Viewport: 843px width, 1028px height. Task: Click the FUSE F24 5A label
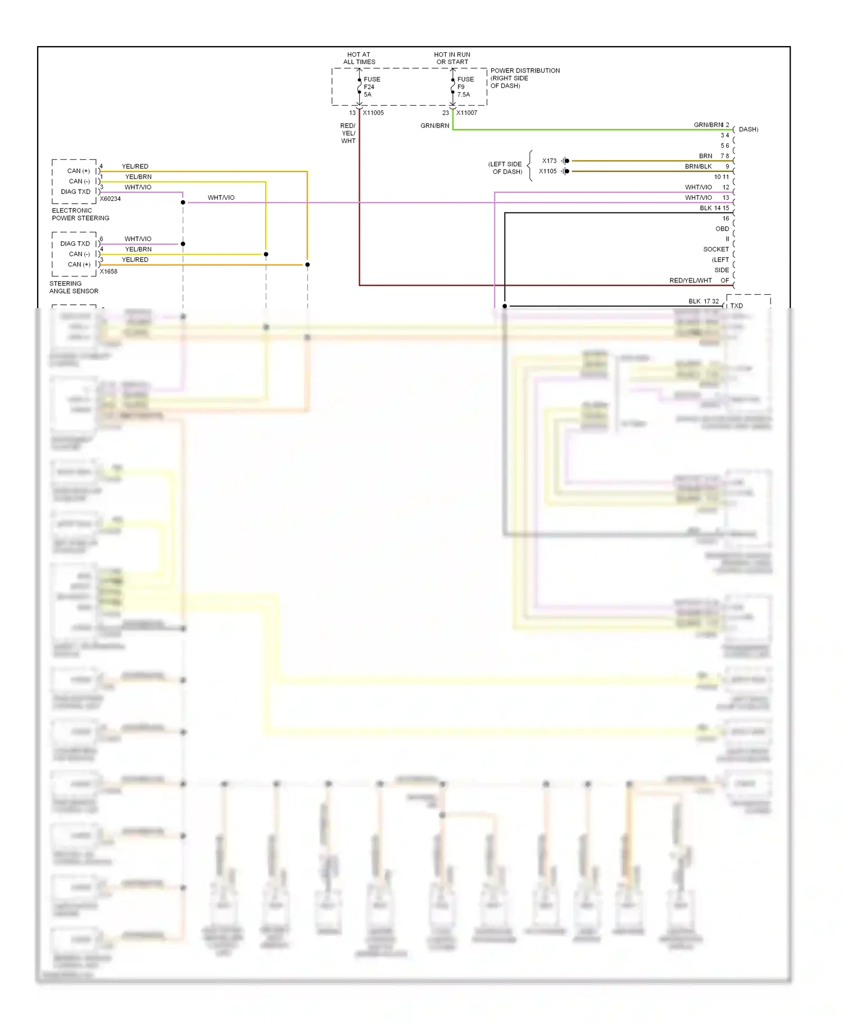click(x=371, y=87)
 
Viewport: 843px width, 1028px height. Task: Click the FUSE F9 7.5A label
click(x=465, y=87)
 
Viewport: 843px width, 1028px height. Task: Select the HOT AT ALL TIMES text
click(x=359, y=58)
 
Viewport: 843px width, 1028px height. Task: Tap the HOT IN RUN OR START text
click(x=452, y=58)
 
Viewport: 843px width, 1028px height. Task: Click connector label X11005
click(x=373, y=113)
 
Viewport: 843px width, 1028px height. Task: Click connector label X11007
click(x=466, y=113)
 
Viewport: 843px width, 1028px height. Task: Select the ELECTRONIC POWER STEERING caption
click(x=80, y=214)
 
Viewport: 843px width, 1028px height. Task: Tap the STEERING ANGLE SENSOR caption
click(x=74, y=287)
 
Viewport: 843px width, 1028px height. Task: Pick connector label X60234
click(x=110, y=199)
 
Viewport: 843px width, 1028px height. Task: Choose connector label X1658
click(x=108, y=272)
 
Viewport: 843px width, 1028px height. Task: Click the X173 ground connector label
click(x=549, y=161)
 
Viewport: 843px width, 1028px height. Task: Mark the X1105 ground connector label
click(x=547, y=172)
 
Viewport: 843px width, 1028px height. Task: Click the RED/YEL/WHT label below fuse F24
click(x=348, y=133)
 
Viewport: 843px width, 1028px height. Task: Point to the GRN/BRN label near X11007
click(x=434, y=126)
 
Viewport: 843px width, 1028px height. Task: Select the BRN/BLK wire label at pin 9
click(x=698, y=166)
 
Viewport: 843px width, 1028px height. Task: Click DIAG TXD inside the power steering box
click(x=75, y=192)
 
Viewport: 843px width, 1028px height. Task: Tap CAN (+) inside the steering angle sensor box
click(x=79, y=264)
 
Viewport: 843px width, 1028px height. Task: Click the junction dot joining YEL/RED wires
click(x=307, y=264)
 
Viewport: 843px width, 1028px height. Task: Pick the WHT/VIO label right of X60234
click(x=221, y=198)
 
